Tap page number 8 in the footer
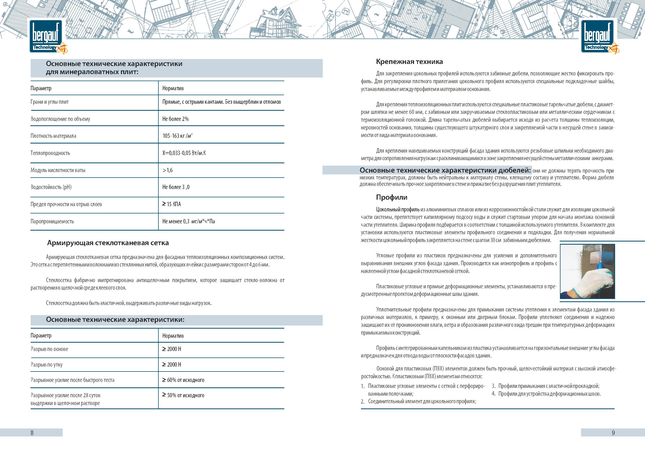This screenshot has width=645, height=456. pos(32,433)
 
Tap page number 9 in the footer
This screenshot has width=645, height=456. pos(613,433)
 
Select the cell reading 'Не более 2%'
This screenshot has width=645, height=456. pos(176,119)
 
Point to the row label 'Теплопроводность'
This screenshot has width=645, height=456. pos(50,153)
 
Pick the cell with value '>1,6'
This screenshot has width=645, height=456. pos(168,170)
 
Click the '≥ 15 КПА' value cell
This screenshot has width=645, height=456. pos(172,204)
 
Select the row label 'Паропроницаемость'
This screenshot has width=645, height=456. pos(52,221)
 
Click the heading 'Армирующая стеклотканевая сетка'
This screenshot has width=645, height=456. pos(108,243)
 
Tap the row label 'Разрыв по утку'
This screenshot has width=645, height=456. pos(47,364)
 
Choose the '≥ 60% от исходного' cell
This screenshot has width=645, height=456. pos(183,380)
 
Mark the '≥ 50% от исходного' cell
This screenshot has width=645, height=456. pos(183,395)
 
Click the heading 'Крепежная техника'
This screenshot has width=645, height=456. pos(409,62)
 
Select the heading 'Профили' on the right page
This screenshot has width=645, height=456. pos(392,197)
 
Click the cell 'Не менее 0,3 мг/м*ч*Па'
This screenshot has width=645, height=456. pos(189,221)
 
